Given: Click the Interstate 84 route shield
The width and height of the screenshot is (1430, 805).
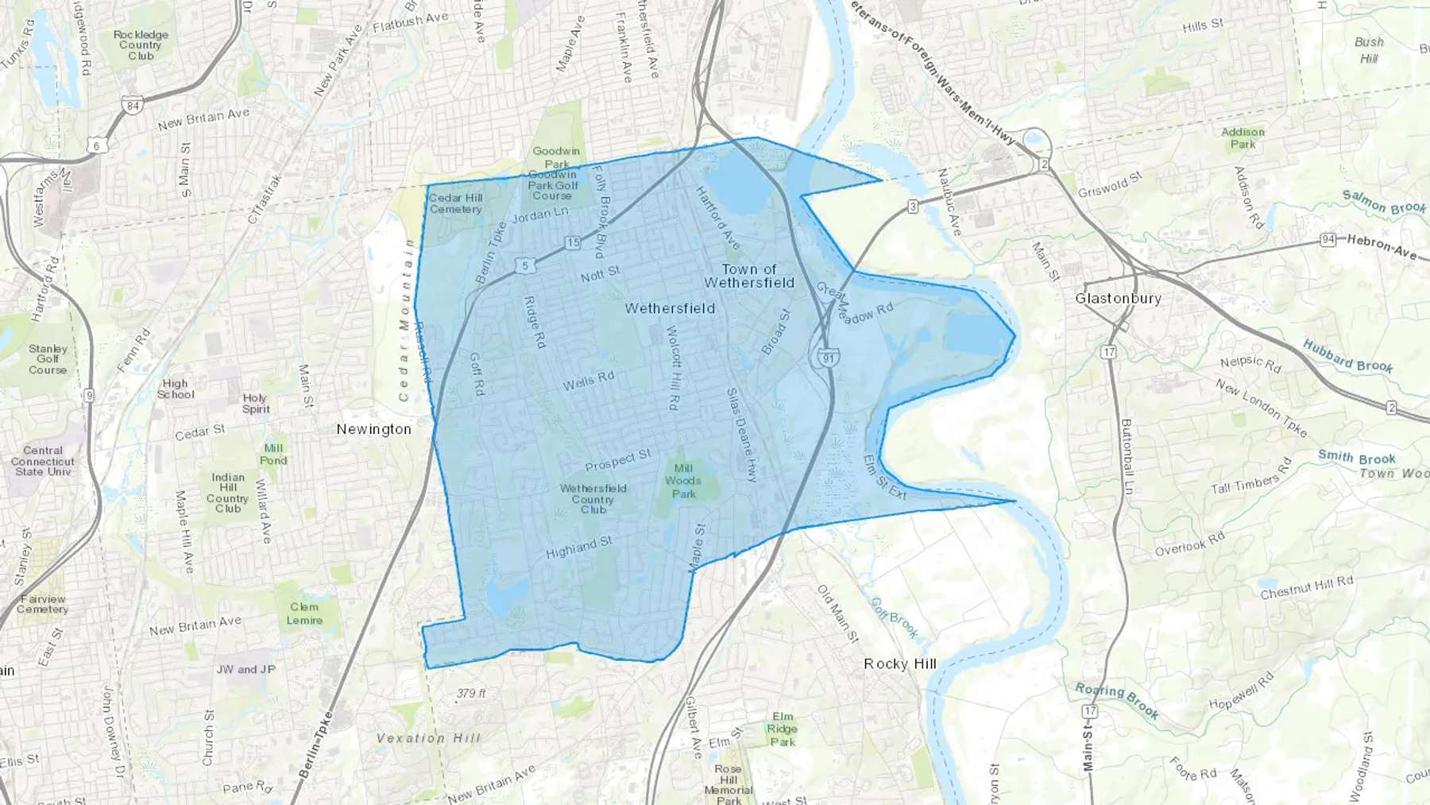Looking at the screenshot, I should (x=133, y=105).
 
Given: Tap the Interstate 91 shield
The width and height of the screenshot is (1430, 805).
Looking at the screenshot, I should (x=829, y=358).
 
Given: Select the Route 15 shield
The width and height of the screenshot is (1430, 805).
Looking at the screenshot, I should (x=573, y=242).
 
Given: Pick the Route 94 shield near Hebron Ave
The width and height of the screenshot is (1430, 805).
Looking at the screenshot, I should (x=1328, y=239).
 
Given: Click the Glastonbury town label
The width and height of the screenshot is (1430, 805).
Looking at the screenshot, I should (x=1118, y=298).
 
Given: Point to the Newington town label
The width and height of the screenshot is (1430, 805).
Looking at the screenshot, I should (x=373, y=429).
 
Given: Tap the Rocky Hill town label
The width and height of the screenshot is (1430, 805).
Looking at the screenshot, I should (x=900, y=664).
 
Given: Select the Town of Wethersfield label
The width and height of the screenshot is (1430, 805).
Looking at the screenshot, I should (x=748, y=276).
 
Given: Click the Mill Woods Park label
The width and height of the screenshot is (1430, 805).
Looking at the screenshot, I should (x=683, y=481).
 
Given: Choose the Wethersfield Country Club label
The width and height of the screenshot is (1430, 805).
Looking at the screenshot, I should (x=593, y=499).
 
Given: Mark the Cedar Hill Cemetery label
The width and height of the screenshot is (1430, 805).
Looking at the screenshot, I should (x=456, y=203).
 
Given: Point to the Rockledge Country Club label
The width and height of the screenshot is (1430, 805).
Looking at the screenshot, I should (x=141, y=45).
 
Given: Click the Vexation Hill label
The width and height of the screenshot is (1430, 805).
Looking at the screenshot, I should (x=428, y=738).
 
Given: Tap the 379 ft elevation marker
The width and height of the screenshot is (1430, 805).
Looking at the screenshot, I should (x=471, y=694).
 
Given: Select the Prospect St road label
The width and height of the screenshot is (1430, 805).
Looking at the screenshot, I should (x=618, y=459).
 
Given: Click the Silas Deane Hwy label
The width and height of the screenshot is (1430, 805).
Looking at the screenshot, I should (x=742, y=435).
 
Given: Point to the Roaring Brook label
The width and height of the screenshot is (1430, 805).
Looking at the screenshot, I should (x=1117, y=699).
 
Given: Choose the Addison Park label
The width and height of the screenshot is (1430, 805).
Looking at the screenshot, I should (x=1243, y=138).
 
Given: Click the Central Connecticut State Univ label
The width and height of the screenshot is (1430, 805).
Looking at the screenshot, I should (x=43, y=461).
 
